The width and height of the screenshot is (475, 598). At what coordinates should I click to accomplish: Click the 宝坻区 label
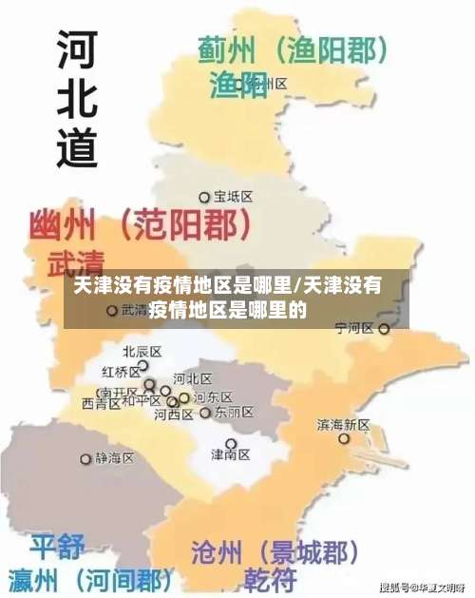tap(233, 197)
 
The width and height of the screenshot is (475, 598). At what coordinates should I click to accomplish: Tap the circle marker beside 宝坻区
tap(204, 198)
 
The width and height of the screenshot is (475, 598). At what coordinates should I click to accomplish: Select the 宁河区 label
tap(355, 328)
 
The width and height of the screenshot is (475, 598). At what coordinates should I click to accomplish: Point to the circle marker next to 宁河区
tap(384, 329)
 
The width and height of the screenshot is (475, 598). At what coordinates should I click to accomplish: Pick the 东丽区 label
tap(235, 413)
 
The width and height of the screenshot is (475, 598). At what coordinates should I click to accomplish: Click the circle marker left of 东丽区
tap(206, 414)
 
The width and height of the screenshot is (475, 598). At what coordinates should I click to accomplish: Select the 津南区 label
tap(230, 455)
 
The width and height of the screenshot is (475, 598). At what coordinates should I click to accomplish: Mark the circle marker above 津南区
tap(230, 443)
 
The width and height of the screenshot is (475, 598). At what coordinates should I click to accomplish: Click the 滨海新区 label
tap(344, 425)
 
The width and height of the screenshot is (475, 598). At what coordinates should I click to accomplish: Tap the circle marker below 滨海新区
tap(344, 439)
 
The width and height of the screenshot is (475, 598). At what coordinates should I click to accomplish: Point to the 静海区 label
tap(115, 457)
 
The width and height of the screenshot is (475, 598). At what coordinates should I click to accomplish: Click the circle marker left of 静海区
tap(87, 458)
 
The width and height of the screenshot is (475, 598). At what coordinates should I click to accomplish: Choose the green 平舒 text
tap(58, 548)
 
